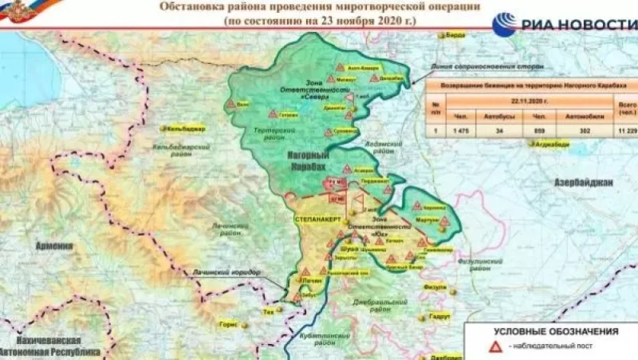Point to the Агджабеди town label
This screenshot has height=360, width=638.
(x=552, y=145)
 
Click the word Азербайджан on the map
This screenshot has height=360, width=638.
(x=583, y=182)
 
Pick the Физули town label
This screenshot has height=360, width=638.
(x=435, y=287)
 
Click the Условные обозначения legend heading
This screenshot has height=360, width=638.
(x=555, y=330)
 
